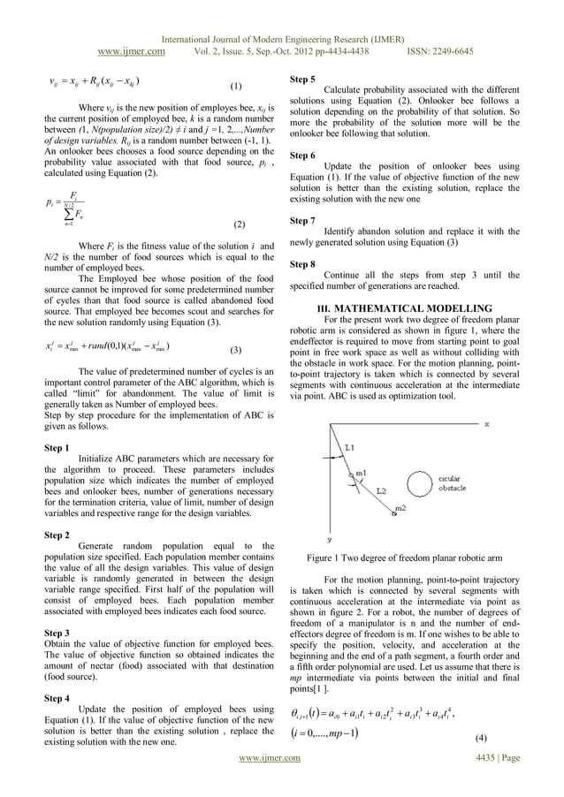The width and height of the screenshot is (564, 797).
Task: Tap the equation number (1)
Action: pyautogui.click(x=236, y=87)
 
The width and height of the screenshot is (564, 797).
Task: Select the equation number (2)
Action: pyautogui.click(x=239, y=225)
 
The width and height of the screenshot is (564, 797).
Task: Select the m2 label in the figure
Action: pyautogui.click(x=401, y=509)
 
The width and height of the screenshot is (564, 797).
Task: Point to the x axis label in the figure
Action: pyautogui.click(x=485, y=424)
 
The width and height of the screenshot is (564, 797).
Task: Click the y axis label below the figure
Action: pyautogui.click(x=330, y=537)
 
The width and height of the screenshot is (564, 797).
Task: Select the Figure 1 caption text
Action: pyautogui.click(x=403, y=558)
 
